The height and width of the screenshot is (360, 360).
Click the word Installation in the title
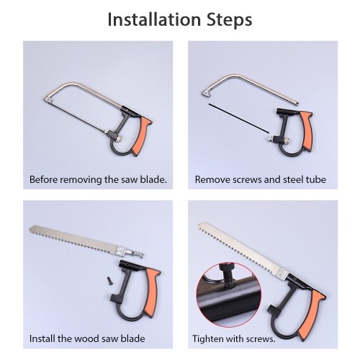pos(154,19)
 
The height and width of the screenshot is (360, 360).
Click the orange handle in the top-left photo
pos(142,136)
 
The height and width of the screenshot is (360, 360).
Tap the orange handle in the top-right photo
pos(307,130)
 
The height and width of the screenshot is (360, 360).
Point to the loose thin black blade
pos(239,118)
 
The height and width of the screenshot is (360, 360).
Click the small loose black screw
pos(109,280)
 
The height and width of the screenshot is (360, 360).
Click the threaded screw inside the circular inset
pos(228,275)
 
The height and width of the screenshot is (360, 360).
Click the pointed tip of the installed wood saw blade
pos(199,224)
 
